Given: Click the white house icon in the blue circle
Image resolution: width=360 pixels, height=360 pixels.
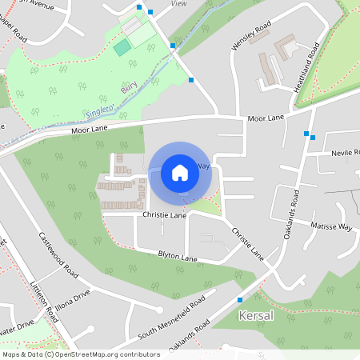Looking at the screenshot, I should [x=180, y=173].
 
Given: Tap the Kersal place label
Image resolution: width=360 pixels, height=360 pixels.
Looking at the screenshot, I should [x=256, y=316].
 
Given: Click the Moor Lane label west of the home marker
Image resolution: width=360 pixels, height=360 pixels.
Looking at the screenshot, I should [x=89, y=128].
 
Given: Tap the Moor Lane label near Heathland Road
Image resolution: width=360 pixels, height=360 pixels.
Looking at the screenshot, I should [x=266, y=118].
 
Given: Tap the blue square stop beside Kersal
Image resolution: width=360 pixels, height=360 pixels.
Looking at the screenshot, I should [x=240, y=300].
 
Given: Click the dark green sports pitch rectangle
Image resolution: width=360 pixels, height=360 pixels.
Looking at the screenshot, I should [x=122, y=47].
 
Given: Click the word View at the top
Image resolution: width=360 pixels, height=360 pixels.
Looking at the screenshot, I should [x=179, y=4].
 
